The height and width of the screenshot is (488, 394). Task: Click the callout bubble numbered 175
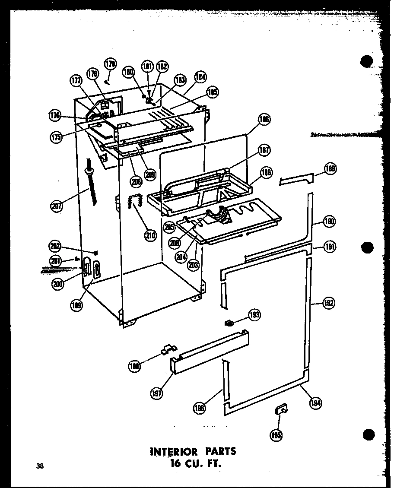point(56,137)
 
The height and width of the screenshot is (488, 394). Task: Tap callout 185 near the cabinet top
point(213,92)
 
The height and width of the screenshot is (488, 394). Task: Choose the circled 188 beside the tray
point(266,174)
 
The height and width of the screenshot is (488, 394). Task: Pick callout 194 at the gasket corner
point(316,403)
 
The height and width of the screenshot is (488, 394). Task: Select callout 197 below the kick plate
point(156,393)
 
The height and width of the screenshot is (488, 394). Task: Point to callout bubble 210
point(151,235)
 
